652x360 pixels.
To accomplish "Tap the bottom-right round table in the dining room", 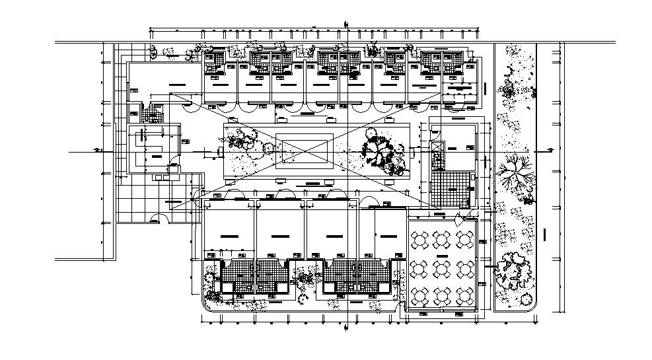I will pyautogui.click(x=465, y=292).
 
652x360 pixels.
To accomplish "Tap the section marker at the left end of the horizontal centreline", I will pyautogui.click(x=98, y=151).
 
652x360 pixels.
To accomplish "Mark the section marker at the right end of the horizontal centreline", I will pyautogui.click(x=548, y=151).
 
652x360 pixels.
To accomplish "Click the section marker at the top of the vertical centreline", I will pyautogui.click(x=345, y=25).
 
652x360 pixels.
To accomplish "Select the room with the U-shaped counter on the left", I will pyautogui.click(x=153, y=149).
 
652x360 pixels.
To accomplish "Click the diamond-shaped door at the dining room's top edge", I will pyautogui.click(x=466, y=214).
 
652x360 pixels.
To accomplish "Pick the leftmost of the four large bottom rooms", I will pyautogui.click(x=229, y=234).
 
